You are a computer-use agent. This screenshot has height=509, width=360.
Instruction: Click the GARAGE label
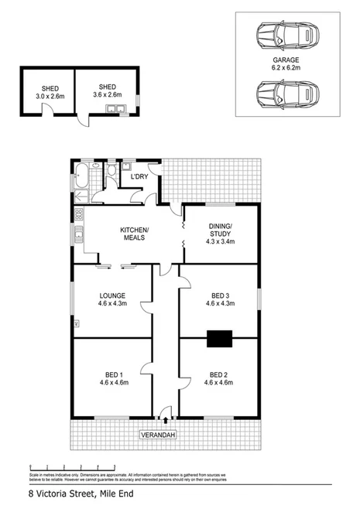[x=285, y=60]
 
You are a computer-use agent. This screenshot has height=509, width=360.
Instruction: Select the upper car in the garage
[x=284, y=35]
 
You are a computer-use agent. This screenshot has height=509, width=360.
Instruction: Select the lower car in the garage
[x=284, y=95]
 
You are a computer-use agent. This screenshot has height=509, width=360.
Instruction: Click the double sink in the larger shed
[x=114, y=111]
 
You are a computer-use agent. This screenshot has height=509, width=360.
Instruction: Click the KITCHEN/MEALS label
[x=134, y=234]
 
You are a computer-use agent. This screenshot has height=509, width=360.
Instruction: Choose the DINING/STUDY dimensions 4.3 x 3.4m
[x=220, y=241]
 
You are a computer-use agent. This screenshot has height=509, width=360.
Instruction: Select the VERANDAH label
[x=159, y=436]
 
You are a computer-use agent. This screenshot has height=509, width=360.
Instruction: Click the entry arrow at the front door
[x=166, y=421]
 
